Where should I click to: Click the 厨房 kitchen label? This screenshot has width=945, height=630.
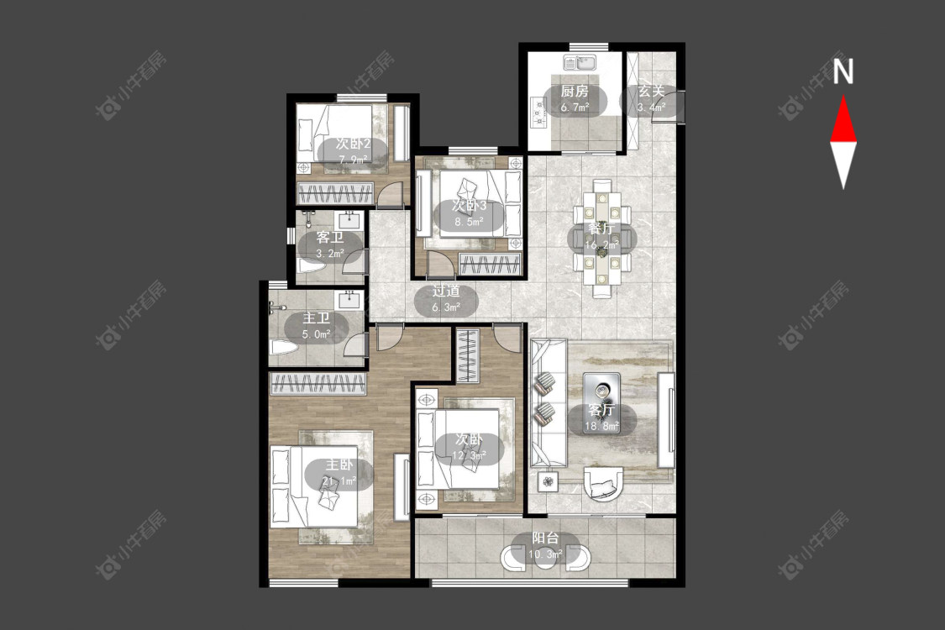pyautogui.click(x=574, y=91)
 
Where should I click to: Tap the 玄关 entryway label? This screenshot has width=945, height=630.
pyautogui.click(x=651, y=91)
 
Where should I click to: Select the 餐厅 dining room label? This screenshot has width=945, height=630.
pyautogui.click(x=601, y=229)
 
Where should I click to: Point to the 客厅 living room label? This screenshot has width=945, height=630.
pyautogui.click(x=601, y=410)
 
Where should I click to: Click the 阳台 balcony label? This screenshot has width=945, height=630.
pyautogui.click(x=545, y=538)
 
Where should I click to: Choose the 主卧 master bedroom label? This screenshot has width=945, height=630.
pyautogui.click(x=339, y=465)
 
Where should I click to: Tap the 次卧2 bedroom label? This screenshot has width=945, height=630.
pyautogui.click(x=353, y=144)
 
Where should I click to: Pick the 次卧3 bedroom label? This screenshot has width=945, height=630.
pyautogui.click(x=470, y=206)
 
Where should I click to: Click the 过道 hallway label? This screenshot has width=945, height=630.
pyautogui.click(x=446, y=291)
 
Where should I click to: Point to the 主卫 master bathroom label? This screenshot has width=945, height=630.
pyautogui.click(x=316, y=318)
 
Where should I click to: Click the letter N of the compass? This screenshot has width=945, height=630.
pyautogui.click(x=843, y=71)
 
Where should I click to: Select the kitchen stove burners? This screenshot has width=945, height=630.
pyautogui.click(x=538, y=113)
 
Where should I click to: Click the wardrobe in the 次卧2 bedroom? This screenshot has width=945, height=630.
pyautogui.click(x=334, y=193)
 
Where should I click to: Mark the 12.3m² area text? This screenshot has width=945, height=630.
pyautogui.click(x=470, y=455)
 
